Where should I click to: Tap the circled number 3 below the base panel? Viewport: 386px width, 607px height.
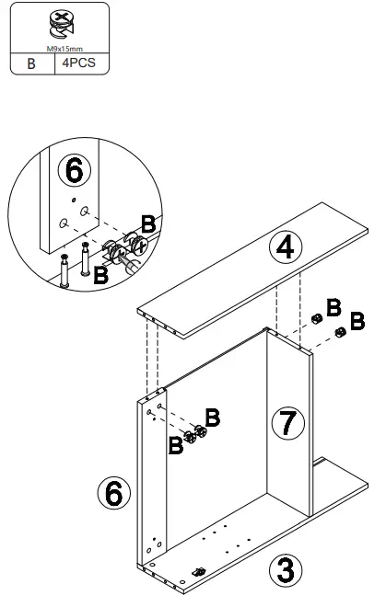287,567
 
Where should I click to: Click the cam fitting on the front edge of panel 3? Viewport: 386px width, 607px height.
197,573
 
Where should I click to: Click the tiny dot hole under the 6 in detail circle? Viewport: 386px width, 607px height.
74,200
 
